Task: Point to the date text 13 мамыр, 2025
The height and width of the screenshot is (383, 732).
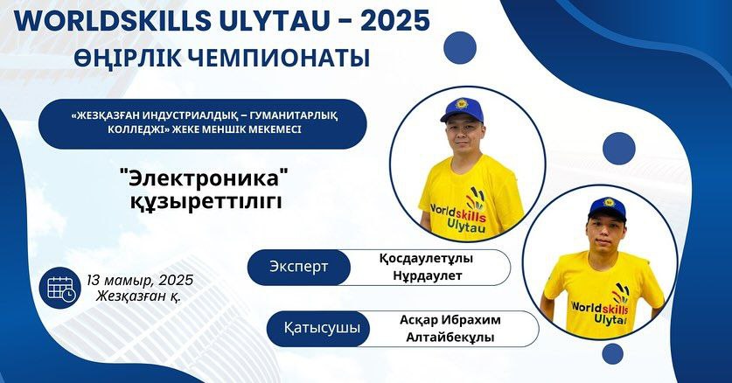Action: tap(140, 280)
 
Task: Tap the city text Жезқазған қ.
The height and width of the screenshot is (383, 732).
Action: tap(139, 296)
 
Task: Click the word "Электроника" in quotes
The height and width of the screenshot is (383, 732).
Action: tap(204, 179)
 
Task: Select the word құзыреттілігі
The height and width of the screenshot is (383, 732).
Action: tap(206, 201)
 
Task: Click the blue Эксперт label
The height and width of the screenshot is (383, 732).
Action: tap(299, 268)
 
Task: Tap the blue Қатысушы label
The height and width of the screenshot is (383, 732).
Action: tap(322, 329)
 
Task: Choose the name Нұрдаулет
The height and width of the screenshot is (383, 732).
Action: tap(427, 275)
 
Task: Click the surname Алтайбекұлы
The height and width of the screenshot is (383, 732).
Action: tap(450, 338)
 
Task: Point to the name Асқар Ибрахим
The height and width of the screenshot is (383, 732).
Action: tap(450, 320)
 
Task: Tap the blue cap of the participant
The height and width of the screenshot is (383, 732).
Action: tap(607, 208)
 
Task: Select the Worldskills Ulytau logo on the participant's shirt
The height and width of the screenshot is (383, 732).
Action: tap(601, 307)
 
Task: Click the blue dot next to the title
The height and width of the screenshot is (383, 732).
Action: tap(460, 47)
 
